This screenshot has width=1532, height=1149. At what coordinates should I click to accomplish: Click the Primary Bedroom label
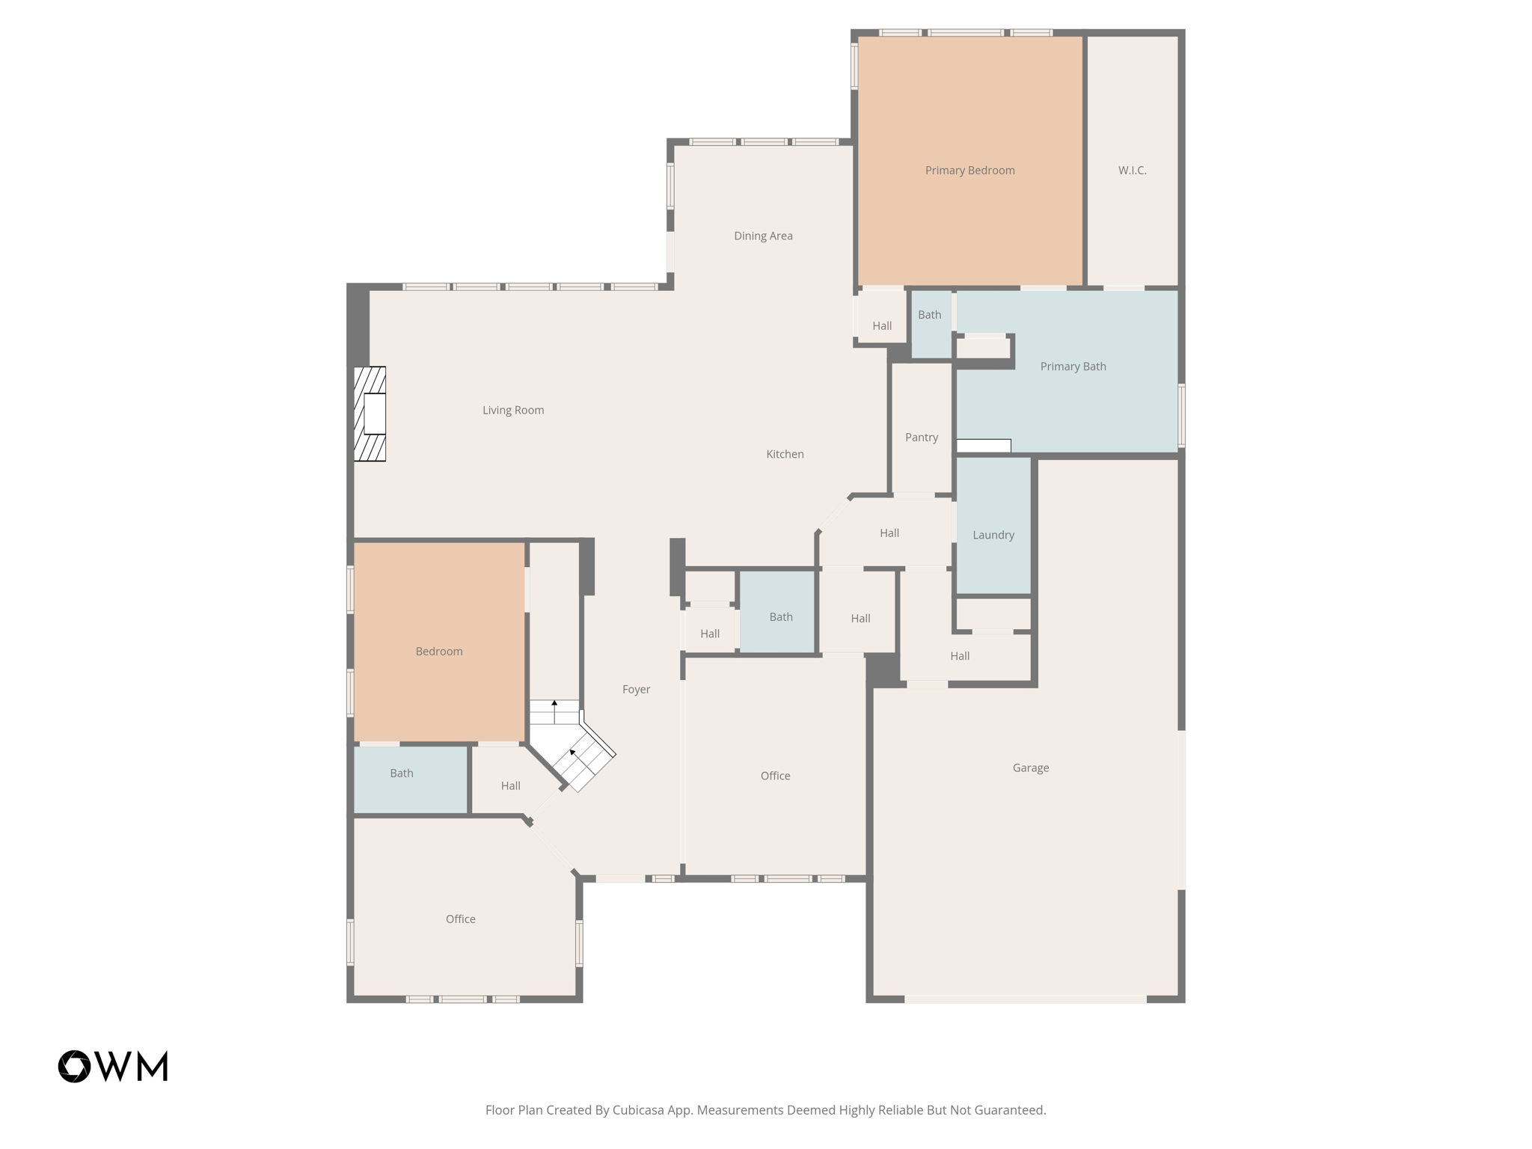[x=969, y=171]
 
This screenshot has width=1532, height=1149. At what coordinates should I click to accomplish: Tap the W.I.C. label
[x=1132, y=171]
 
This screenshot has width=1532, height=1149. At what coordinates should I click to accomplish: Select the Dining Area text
[x=763, y=236]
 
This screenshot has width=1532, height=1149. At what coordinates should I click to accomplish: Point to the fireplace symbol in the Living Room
[x=370, y=414]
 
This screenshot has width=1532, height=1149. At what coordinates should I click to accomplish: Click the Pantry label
[x=921, y=438]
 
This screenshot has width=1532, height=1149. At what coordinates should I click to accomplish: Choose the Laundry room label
[x=993, y=535]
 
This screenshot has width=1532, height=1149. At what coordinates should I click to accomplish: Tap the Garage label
[x=1030, y=767]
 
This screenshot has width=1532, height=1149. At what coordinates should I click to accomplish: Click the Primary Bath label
[x=1073, y=367]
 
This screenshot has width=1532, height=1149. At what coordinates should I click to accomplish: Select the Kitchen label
[x=785, y=454]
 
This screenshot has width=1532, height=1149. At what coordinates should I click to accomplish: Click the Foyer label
[x=636, y=690]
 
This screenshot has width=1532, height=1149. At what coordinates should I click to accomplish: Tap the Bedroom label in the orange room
[x=439, y=652]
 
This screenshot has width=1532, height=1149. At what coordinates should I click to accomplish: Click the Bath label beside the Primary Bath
[x=929, y=315]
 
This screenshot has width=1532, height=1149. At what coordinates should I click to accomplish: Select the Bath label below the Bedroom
[x=402, y=773]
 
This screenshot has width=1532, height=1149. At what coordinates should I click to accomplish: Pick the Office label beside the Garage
[x=775, y=776]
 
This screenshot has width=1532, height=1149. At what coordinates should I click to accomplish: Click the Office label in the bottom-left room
[x=460, y=919]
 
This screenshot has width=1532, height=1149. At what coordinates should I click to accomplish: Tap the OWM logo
[x=113, y=1066]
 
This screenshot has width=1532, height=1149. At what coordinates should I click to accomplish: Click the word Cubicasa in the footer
[x=639, y=1110]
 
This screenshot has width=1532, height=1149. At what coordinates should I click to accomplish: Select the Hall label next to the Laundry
[x=889, y=533]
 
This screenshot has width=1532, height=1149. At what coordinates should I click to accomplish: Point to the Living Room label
[x=513, y=410]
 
